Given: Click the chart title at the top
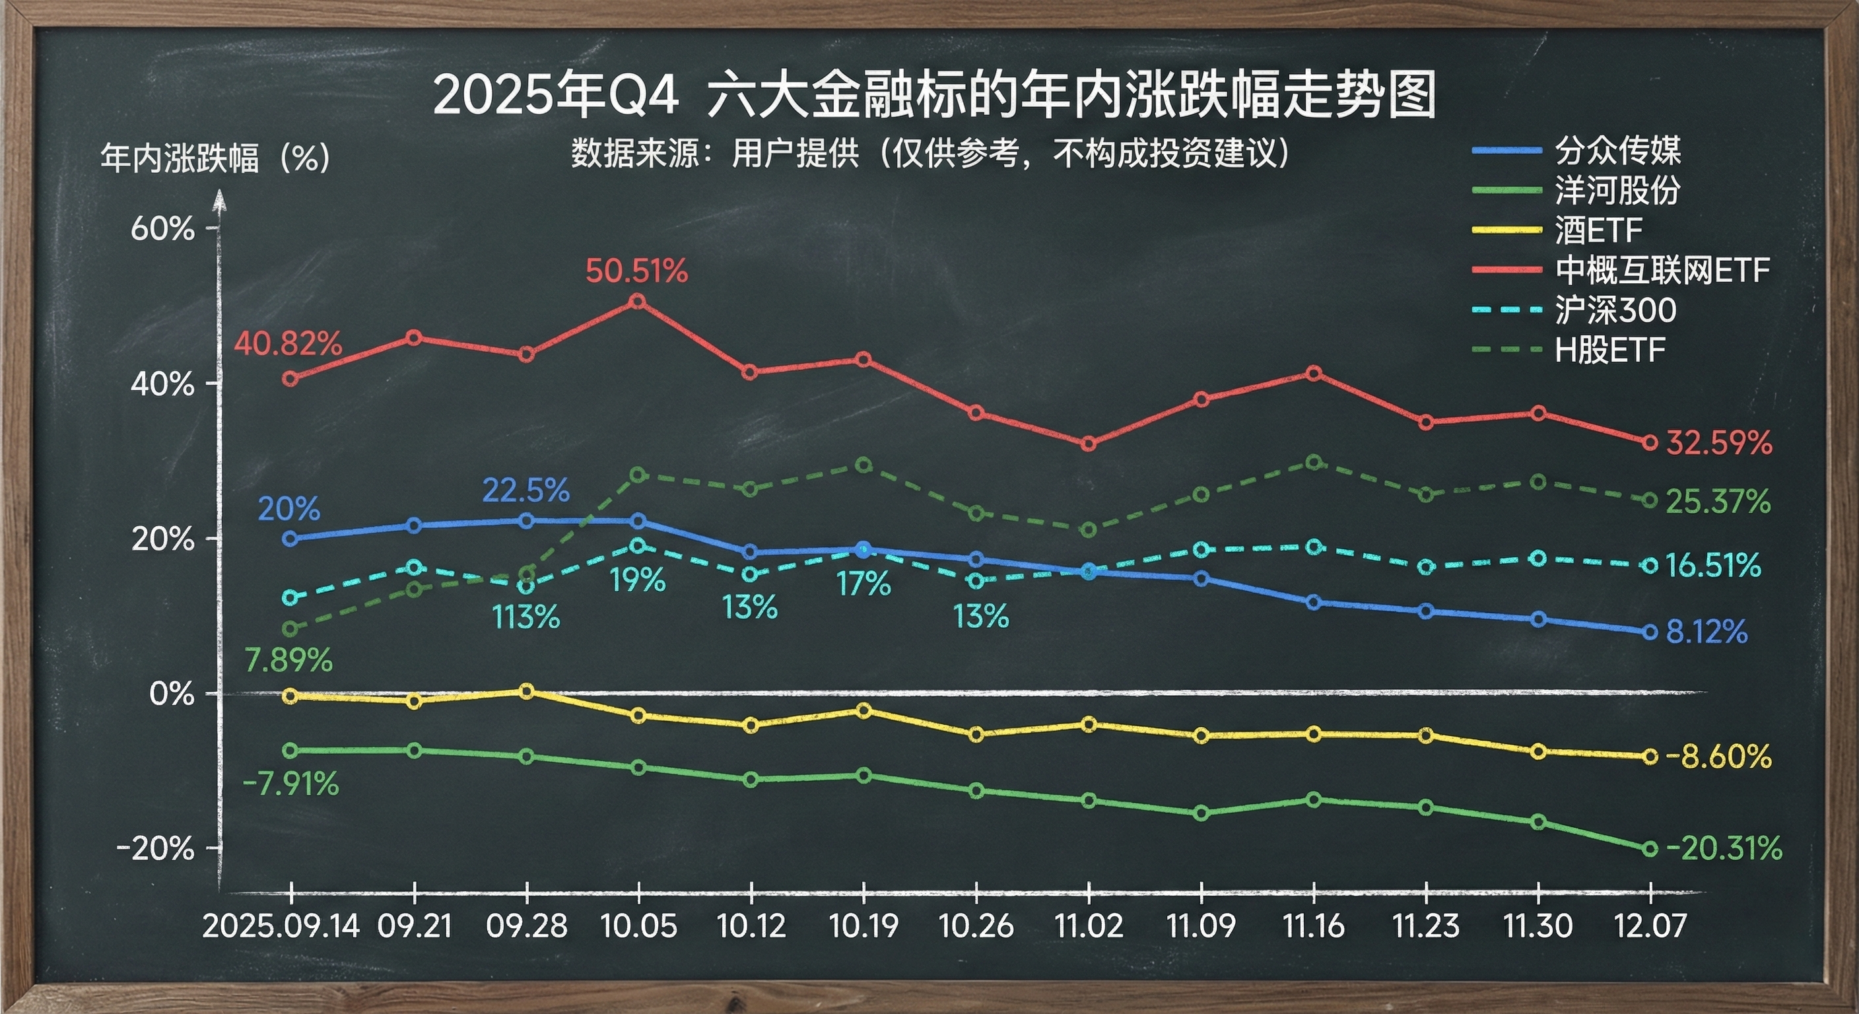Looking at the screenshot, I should click(x=934, y=94).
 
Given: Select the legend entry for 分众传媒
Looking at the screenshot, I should click(x=1617, y=151).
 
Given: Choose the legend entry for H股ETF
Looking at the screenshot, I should click(x=1609, y=351).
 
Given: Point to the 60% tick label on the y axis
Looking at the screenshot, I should click(x=162, y=229).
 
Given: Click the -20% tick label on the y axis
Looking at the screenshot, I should click(x=156, y=849).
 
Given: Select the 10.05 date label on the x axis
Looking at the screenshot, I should click(x=638, y=926).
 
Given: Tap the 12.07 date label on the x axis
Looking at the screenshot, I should click(x=1650, y=926).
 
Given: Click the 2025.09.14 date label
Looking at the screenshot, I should click(x=281, y=926).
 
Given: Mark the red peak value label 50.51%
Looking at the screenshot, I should click(x=636, y=271).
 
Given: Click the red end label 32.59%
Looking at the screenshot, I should click(x=1718, y=443).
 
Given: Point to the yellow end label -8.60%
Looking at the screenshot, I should click(x=1718, y=757).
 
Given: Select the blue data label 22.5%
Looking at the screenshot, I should click(x=526, y=491).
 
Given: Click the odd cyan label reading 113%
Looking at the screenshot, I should click(x=526, y=618).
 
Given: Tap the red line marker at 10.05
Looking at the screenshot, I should click(x=638, y=301).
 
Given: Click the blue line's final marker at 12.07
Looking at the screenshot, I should click(x=1650, y=632).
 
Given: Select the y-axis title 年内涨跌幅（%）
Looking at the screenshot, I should click(x=215, y=157).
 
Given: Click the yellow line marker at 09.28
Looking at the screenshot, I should click(x=527, y=691).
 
